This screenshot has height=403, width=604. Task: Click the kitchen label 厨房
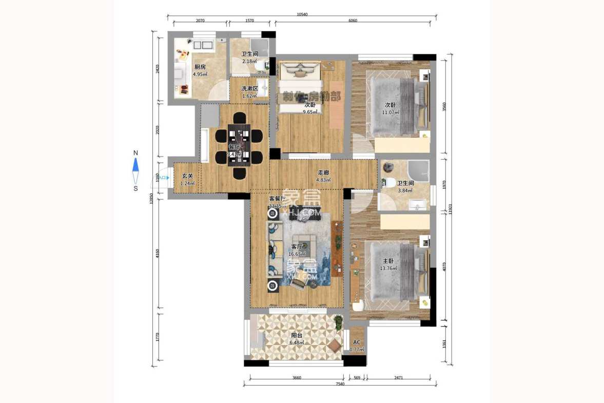pyautogui.click(x=200, y=67)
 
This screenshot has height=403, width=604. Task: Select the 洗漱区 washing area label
pyautogui.click(x=249, y=88)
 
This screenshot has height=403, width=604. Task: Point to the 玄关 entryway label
pyautogui.click(x=187, y=176)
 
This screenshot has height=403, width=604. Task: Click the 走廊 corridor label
pyautogui.click(x=323, y=173)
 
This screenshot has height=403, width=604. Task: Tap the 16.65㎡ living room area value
pyautogui.click(x=298, y=254)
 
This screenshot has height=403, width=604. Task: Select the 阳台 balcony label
pyautogui.click(x=297, y=335)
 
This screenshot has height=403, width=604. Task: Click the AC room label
pyautogui.click(x=357, y=342)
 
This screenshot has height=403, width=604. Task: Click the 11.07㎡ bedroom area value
pyautogui.click(x=390, y=112)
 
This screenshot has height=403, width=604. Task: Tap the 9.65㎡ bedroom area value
pyautogui.click(x=310, y=112)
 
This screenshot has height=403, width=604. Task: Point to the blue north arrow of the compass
pyautogui.click(x=135, y=165)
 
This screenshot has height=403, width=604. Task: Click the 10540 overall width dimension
pyautogui.click(x=302, y=15)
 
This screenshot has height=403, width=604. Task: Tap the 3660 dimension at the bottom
pyautogui.click(x=297, y=378)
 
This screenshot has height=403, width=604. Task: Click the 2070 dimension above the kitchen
pyautogui.click(x=200, y=21)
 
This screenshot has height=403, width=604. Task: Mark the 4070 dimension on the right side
pyautogui.click(x=444, y=267)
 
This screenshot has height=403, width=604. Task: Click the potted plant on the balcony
pyautogui.click(x=338, y=322)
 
